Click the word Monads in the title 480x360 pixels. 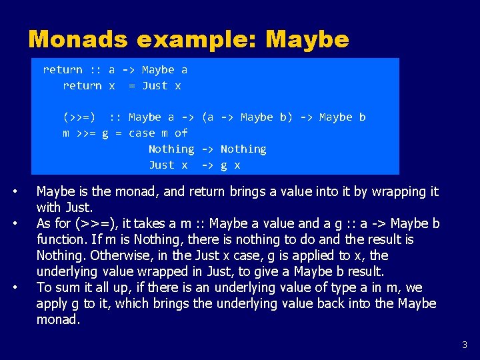pos(79,39)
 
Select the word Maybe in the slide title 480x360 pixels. pos(307,39)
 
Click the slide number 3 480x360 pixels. pos(465,345)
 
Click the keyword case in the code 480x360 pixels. pos(141,133)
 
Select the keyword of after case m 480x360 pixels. pos(181,133)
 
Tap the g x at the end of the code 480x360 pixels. pos(230,165)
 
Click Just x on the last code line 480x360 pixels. pos(168,165)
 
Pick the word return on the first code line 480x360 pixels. pos(63,70)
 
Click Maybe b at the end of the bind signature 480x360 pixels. pos(342,117)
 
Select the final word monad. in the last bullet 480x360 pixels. pos(58,320)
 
